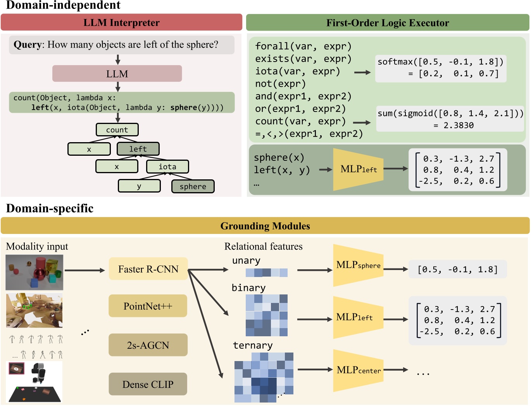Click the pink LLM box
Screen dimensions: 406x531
click(117, 74)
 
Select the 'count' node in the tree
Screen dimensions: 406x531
click(117, 130)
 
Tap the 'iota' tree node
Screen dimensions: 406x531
click(167, 167)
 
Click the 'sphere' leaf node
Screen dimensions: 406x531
click(193, 186)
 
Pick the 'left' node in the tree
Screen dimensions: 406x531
click(138, 149)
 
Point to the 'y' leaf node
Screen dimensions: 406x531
click(139, 186)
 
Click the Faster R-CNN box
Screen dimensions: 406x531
click(148, 269)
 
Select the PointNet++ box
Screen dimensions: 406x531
click(148, 306)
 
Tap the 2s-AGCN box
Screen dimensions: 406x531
click(148, 345)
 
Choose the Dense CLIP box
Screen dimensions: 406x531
click(148, 384)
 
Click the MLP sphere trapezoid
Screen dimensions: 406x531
click(358, 265)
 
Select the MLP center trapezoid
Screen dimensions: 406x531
click(358, 370)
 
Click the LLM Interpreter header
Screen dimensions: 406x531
click(121, 22)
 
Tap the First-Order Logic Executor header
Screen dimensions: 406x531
click(388, 22)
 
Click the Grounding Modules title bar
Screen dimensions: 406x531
click(265, 226)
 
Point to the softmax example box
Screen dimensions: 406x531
click(441, 68)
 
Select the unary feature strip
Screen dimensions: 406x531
click(267, 273)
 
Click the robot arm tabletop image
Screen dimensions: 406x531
click(34, 382)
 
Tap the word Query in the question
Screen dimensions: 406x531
click(28, 45)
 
